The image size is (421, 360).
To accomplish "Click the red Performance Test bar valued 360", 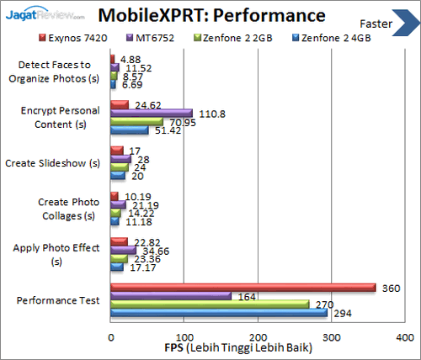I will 242,288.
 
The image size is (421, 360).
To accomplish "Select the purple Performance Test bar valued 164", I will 171,296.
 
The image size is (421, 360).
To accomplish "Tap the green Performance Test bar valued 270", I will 210,304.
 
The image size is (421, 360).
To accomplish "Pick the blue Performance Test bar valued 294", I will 218,313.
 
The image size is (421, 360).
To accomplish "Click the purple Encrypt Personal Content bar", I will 152,114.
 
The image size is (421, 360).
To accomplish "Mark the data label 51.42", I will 165,130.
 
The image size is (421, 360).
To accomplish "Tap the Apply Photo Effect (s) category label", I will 56,254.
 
